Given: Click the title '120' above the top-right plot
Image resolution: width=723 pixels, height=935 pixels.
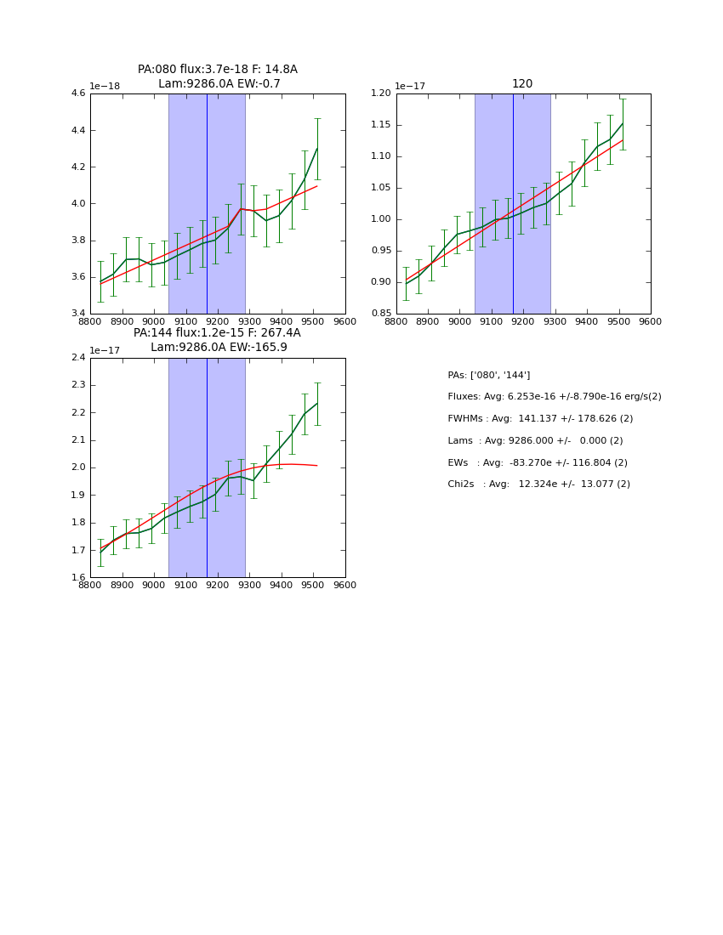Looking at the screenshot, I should (522, 84).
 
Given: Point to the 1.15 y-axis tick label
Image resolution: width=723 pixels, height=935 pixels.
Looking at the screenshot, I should (379, 125).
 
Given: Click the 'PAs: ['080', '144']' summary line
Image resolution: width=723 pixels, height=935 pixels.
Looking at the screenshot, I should (488, 375).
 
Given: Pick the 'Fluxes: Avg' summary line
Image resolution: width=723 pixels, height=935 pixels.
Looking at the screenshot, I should (554, 397).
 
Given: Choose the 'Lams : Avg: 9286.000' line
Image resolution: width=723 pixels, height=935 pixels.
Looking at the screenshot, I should (535, 440).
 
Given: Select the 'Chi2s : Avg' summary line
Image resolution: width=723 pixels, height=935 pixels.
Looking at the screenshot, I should (538, 484).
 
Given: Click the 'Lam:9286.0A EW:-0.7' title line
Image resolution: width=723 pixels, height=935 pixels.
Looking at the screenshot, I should (219, 84).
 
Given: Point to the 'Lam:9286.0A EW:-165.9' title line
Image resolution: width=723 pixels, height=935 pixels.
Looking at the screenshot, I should (219, 348).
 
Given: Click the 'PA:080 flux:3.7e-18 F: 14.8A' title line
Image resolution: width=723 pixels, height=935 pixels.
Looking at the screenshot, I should (218, 70).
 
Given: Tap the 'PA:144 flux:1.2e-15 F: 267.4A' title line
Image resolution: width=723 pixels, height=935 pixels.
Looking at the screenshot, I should (217, 333).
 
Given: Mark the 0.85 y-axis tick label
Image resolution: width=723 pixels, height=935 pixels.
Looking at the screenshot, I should (379, 314).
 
